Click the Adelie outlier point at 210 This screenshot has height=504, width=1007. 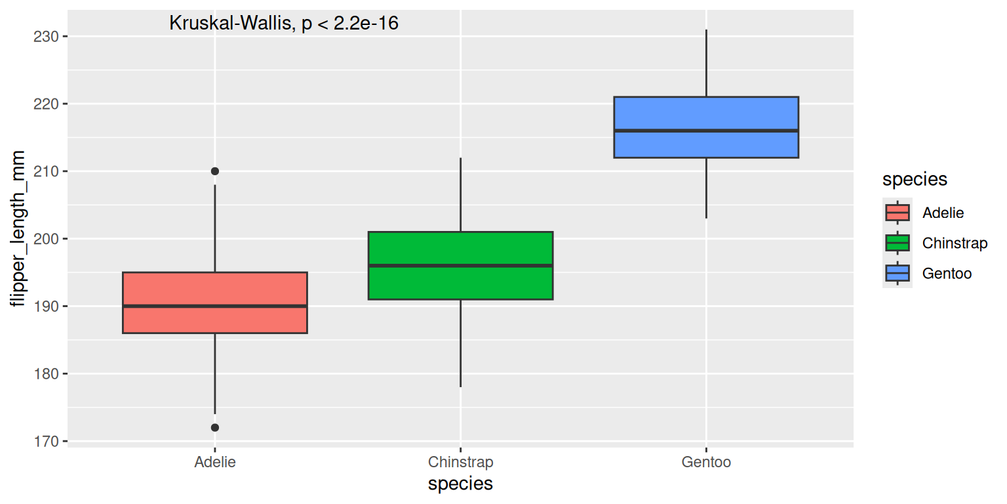[x=215, y=171]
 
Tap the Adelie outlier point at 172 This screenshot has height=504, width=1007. [x=215, y=427]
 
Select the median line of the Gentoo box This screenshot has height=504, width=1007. [x=706, y=131]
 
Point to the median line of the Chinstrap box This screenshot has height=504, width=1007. [x=460, y=265]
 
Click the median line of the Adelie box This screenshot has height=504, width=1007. [x=215, y=306]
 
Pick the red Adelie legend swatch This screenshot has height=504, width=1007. [x=897, y=213]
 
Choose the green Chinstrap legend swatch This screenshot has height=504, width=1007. [x=897, y=243]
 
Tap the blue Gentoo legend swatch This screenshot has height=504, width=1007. [x=897, y=273]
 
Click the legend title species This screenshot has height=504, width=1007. [x=915, y=179]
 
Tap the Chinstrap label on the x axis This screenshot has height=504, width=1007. [x=460, y=462]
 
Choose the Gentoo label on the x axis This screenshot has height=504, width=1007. [x=706, y=462]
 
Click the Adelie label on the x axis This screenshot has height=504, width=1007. [x=215, y=462]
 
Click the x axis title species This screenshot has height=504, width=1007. [x=460, y=484]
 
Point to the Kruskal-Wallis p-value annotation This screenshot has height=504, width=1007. [x=284, y=24]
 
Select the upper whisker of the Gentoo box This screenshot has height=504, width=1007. [x=706, y=63]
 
